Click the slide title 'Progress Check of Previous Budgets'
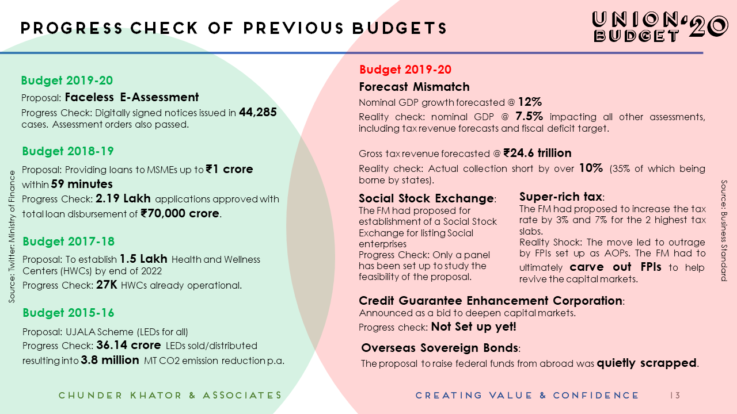(x=234, y=28)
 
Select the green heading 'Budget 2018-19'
(x=68, y=151)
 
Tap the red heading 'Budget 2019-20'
(x=405, y=70)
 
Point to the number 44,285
(x=258, y=112)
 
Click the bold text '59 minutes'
(x=82, y=185)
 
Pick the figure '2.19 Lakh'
(x=123, y=199)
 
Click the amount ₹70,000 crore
(x=180, y=213)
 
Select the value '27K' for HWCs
(x=107, y=285)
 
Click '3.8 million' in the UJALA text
(x=110, y=360)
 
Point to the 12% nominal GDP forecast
(x=530, y=102)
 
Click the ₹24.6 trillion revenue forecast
(x=537, y=153)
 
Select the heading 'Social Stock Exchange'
(x=426, y=198)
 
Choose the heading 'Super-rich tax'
(x=560, y=197)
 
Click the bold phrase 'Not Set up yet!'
(x=474, y=327)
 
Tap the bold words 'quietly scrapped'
(x=647, y=363)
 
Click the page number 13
(x=675, y=396)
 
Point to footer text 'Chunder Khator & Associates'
(x=170, y=396)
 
